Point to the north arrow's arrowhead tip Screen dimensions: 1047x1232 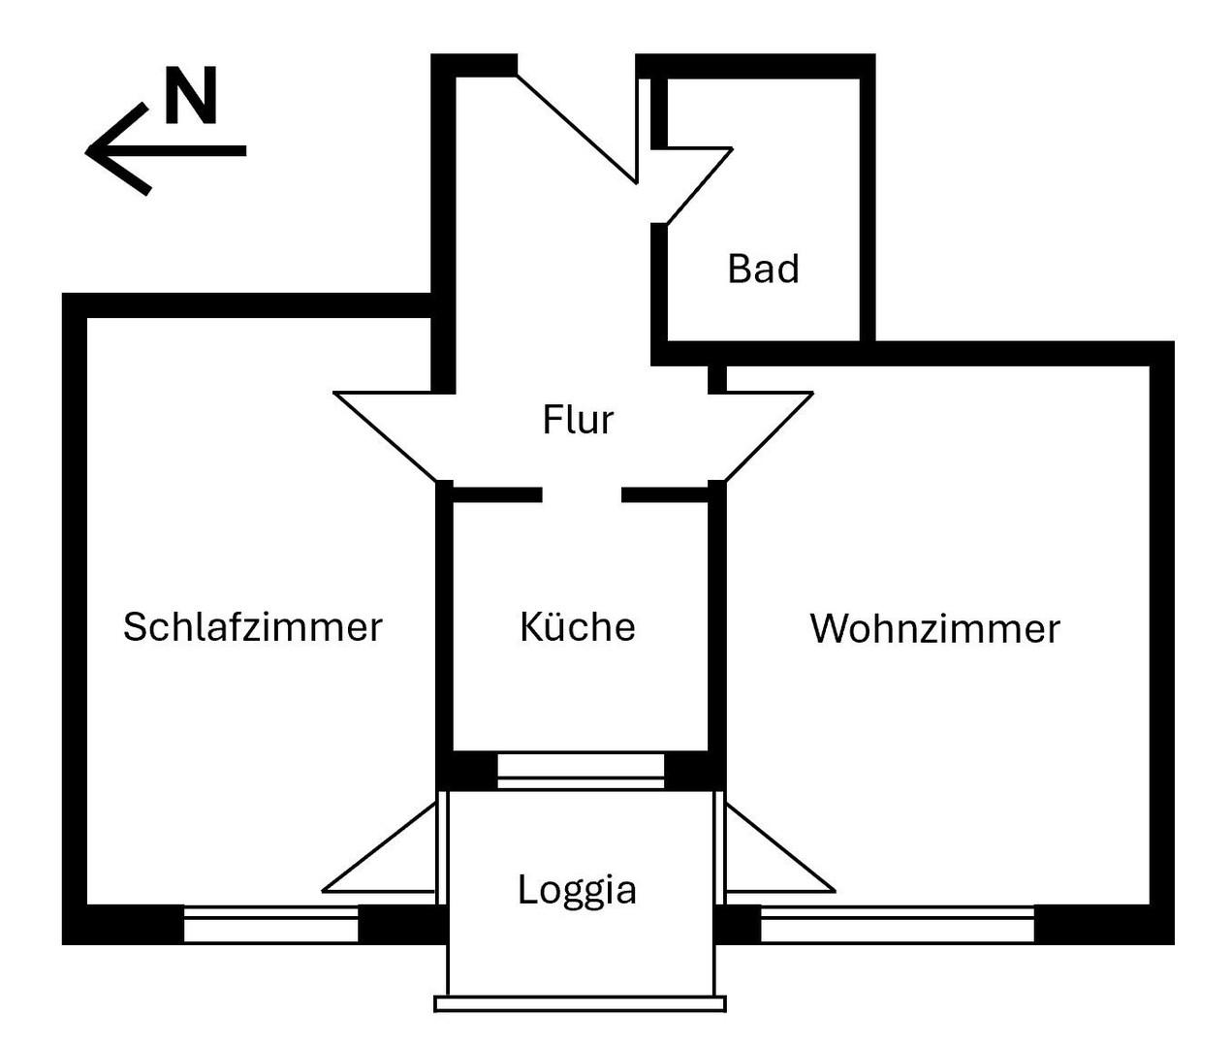89,150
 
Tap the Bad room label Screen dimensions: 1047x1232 763,269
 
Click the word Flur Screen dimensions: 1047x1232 578,420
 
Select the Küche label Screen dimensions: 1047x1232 578,627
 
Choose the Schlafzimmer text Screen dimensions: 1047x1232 253,627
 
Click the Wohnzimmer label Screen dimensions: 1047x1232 934,629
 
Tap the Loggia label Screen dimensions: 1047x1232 577,889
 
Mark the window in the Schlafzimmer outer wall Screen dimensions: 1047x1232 271,924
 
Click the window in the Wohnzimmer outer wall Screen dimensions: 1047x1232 898,924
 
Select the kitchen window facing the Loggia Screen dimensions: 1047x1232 581,770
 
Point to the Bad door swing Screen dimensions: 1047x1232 694,184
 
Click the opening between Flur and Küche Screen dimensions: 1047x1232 582,494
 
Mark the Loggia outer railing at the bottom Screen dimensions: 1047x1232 580,1003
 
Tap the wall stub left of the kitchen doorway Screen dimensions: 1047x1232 496,494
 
